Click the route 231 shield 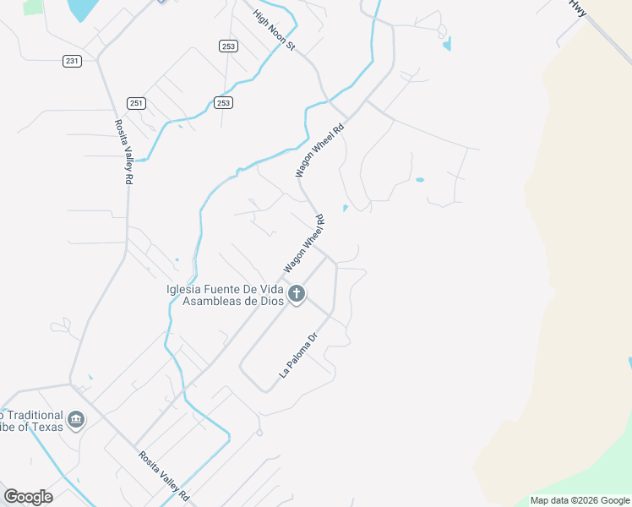72,61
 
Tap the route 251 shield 137,103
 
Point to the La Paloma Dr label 298,356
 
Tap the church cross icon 296,294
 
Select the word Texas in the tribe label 46,427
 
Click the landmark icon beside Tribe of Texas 76,420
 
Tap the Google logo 28,497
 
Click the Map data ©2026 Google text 580,500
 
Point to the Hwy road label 578,8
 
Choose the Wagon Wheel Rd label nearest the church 304,244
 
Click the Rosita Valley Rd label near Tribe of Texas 163,477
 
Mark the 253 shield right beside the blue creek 222,103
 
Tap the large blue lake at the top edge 82,8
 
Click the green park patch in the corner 32,7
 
